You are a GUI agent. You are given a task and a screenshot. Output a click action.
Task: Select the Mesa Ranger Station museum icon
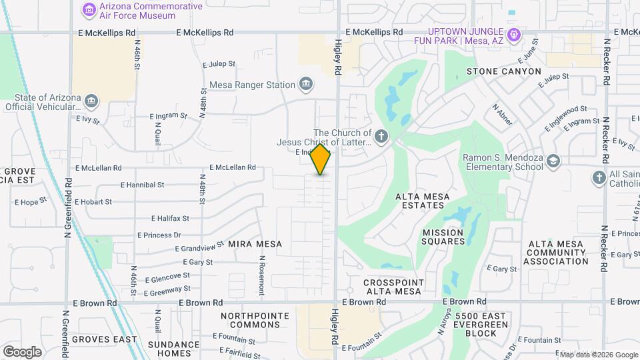[306, 85]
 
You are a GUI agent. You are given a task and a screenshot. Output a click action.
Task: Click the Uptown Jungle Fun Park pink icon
[513, 35]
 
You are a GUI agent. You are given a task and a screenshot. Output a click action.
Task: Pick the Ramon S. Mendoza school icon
[555, 162]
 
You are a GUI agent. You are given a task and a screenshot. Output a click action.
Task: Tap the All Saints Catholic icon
[598, 178]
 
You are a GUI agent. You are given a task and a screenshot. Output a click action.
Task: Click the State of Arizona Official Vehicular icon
[91, 102]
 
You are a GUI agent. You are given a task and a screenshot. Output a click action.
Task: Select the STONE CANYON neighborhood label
[503, 71]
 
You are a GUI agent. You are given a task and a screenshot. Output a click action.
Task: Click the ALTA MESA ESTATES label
[423, 201]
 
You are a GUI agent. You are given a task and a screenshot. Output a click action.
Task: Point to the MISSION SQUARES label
[443, 237]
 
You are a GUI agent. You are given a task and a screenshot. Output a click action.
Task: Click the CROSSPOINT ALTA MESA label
[392, 287]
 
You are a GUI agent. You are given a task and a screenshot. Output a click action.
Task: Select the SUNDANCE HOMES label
[173, 349]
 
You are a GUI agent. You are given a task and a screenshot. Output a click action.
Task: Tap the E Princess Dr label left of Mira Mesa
[159, 235]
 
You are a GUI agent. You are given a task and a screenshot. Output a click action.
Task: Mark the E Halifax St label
[170, 218]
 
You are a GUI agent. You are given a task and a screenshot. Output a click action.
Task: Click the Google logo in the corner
[22, 351]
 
